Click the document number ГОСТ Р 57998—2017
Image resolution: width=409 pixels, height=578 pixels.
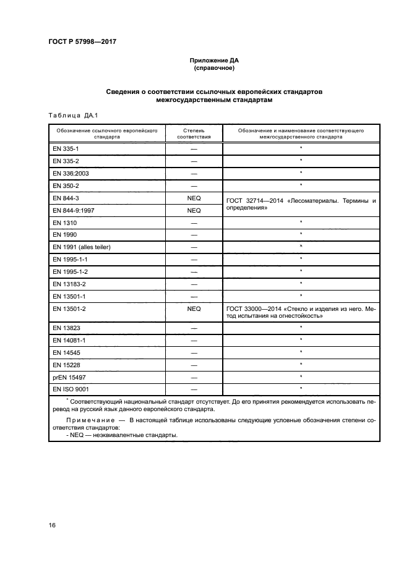[82, 41]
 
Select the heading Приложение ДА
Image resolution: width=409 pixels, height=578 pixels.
[213, 61]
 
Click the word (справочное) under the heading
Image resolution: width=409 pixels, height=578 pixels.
[213, 69]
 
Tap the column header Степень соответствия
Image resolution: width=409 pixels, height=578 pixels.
[194, 134]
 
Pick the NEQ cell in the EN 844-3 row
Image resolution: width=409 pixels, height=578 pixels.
[194, 198]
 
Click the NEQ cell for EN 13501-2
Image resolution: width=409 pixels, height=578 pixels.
[194, 308]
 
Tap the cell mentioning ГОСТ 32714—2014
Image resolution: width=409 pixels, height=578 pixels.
[301, 204]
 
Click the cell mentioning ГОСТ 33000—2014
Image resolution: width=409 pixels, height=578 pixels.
[301, 312]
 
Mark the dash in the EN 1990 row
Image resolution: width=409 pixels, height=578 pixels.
[194, 234]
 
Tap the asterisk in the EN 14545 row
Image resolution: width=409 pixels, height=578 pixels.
[301, 352]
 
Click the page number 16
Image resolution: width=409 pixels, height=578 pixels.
[52, 525]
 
